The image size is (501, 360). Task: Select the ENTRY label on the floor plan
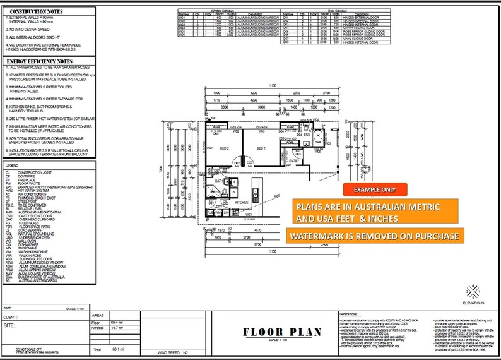[293, 161]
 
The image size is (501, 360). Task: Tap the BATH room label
[219, 181]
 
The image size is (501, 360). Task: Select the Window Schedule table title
[223, 10]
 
